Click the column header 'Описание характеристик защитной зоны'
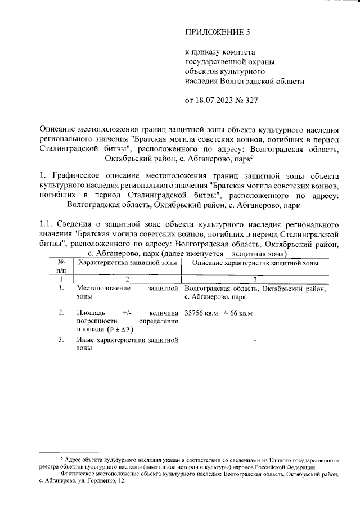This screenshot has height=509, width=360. (x=255, y=263)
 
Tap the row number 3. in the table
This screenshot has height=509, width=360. (x=61, y=340)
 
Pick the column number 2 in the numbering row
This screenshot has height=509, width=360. (x=127, y=279)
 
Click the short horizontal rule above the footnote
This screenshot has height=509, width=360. (x=81, y=452)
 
